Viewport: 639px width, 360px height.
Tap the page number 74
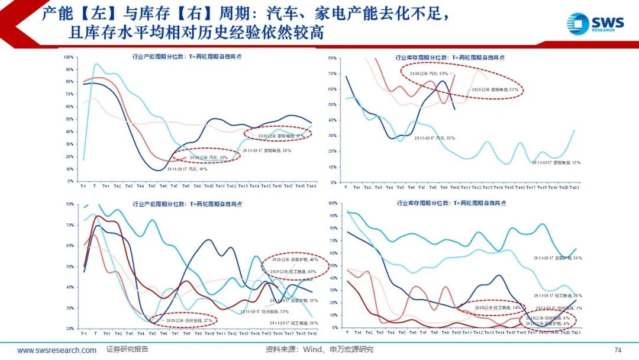pos(618,349)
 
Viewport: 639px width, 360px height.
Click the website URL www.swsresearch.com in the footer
pos(57,350)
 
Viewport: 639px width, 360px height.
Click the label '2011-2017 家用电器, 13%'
pos(557,162)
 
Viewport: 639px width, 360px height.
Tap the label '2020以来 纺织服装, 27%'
pos(184,320)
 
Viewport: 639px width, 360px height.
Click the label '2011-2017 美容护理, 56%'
pos(557,258)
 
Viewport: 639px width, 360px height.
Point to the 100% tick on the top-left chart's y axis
pos(68,57)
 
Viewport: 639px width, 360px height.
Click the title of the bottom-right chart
pos(450,203)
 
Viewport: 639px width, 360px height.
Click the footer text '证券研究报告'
pos(127,349)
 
